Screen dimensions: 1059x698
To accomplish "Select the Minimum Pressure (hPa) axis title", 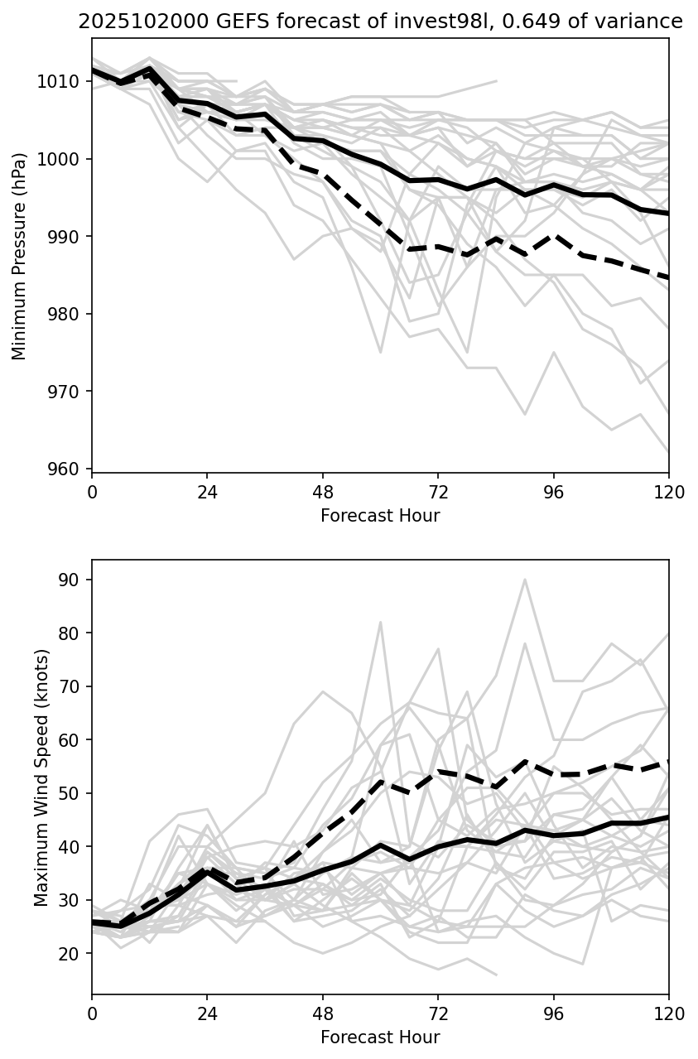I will [x=20, y=255].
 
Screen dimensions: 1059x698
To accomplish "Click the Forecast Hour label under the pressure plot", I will [x=380, y=516].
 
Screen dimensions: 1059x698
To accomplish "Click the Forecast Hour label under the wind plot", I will [x=380, y=1037].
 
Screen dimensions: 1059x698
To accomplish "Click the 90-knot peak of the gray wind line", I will [x=525, y=580].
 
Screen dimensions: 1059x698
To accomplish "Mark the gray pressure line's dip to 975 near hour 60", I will [x=380, y=353].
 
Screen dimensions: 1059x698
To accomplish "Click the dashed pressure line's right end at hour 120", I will [x=668, y=277].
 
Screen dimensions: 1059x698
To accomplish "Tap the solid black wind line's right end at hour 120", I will [x=668, y=817].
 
